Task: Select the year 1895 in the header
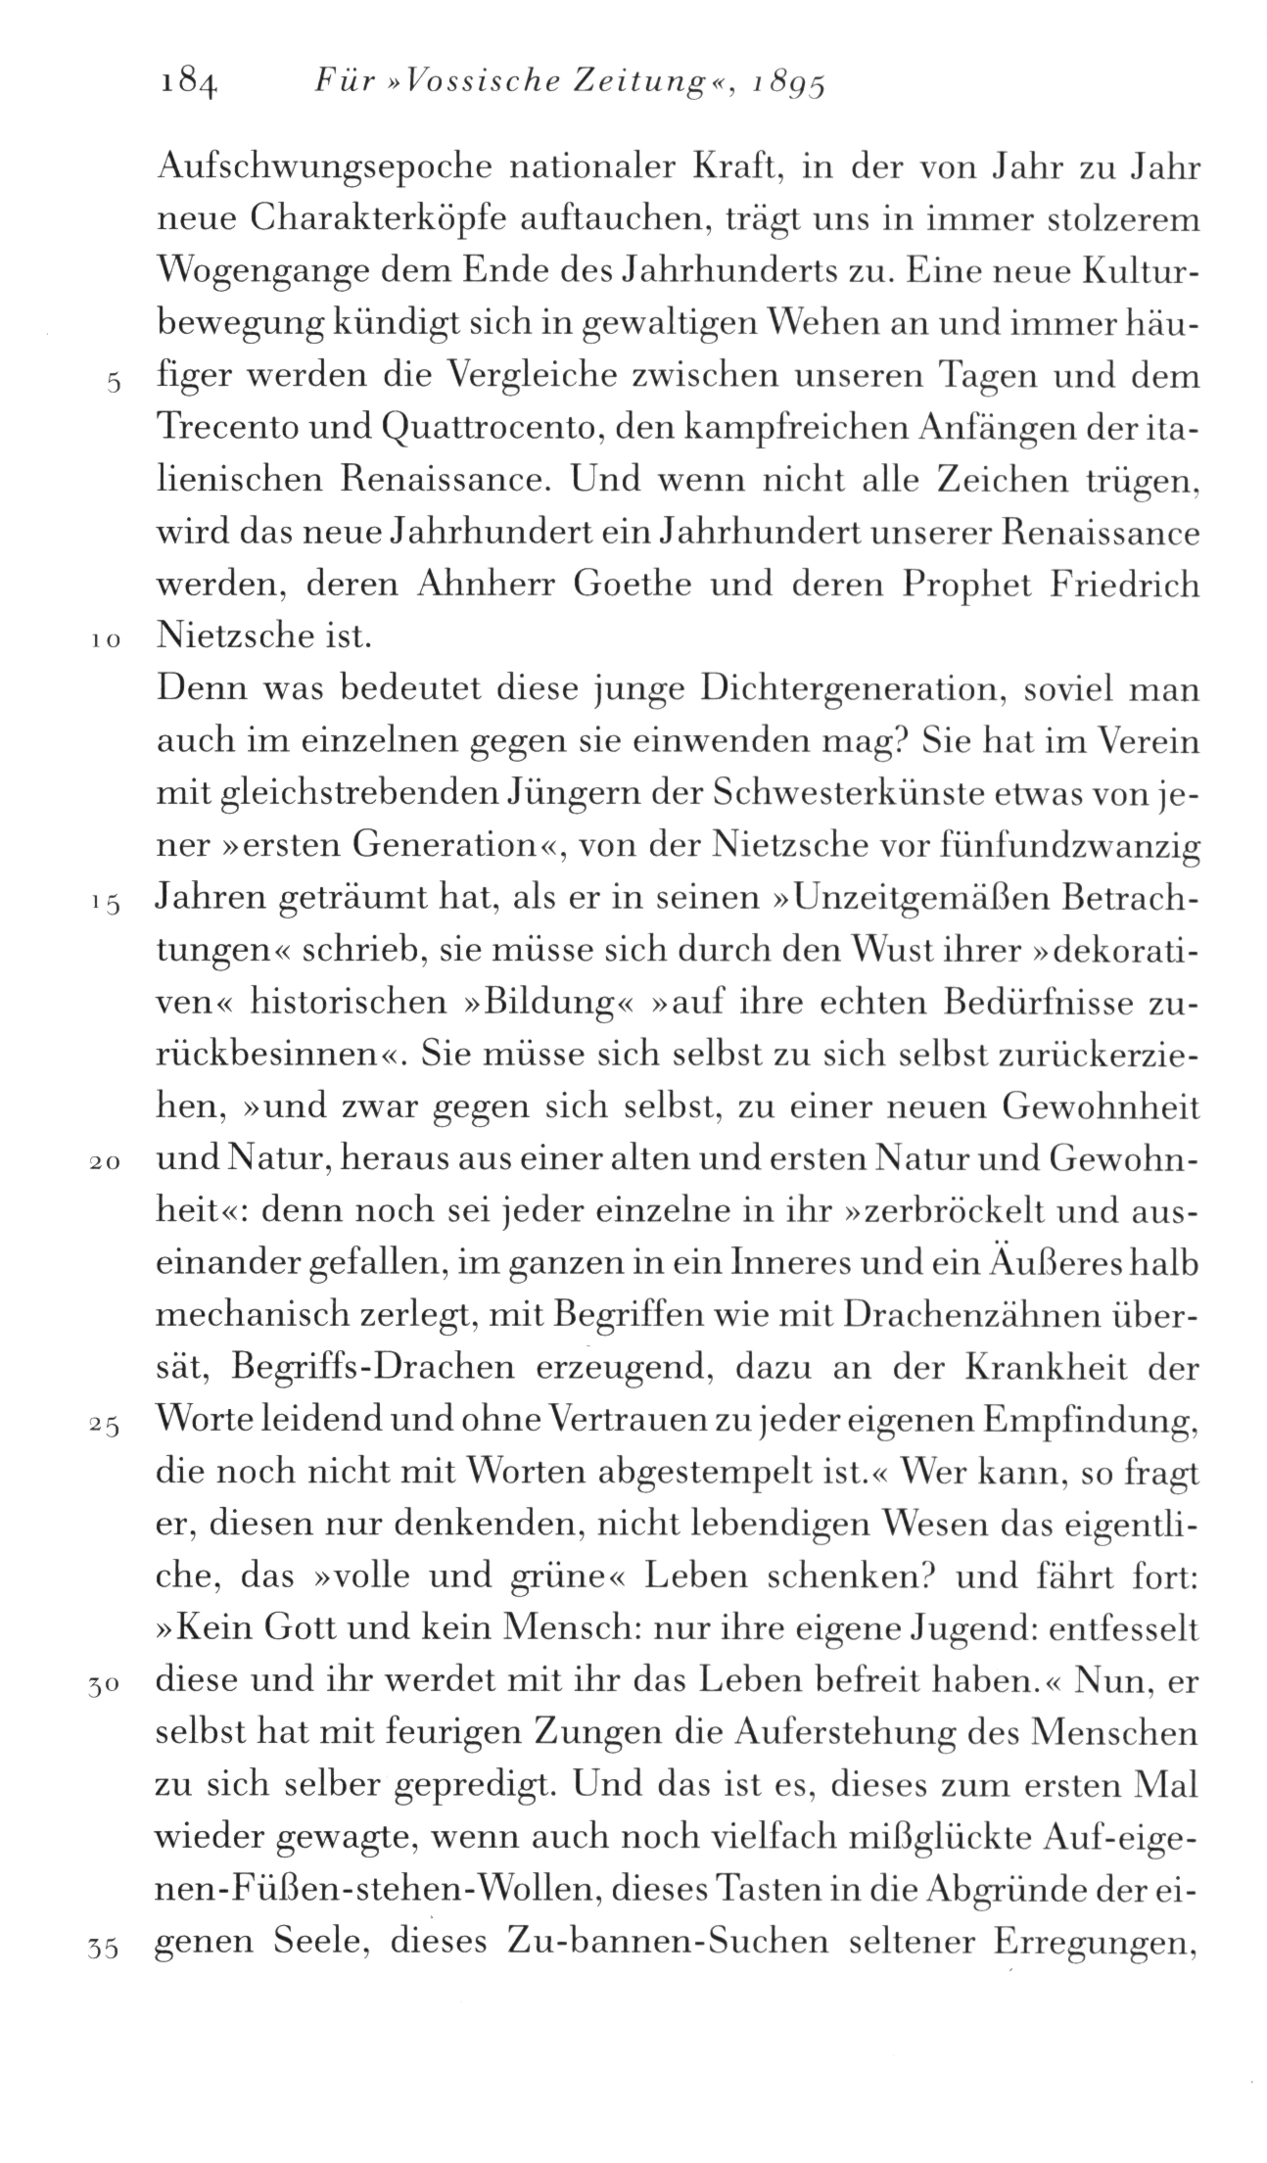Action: tap(783, 87)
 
